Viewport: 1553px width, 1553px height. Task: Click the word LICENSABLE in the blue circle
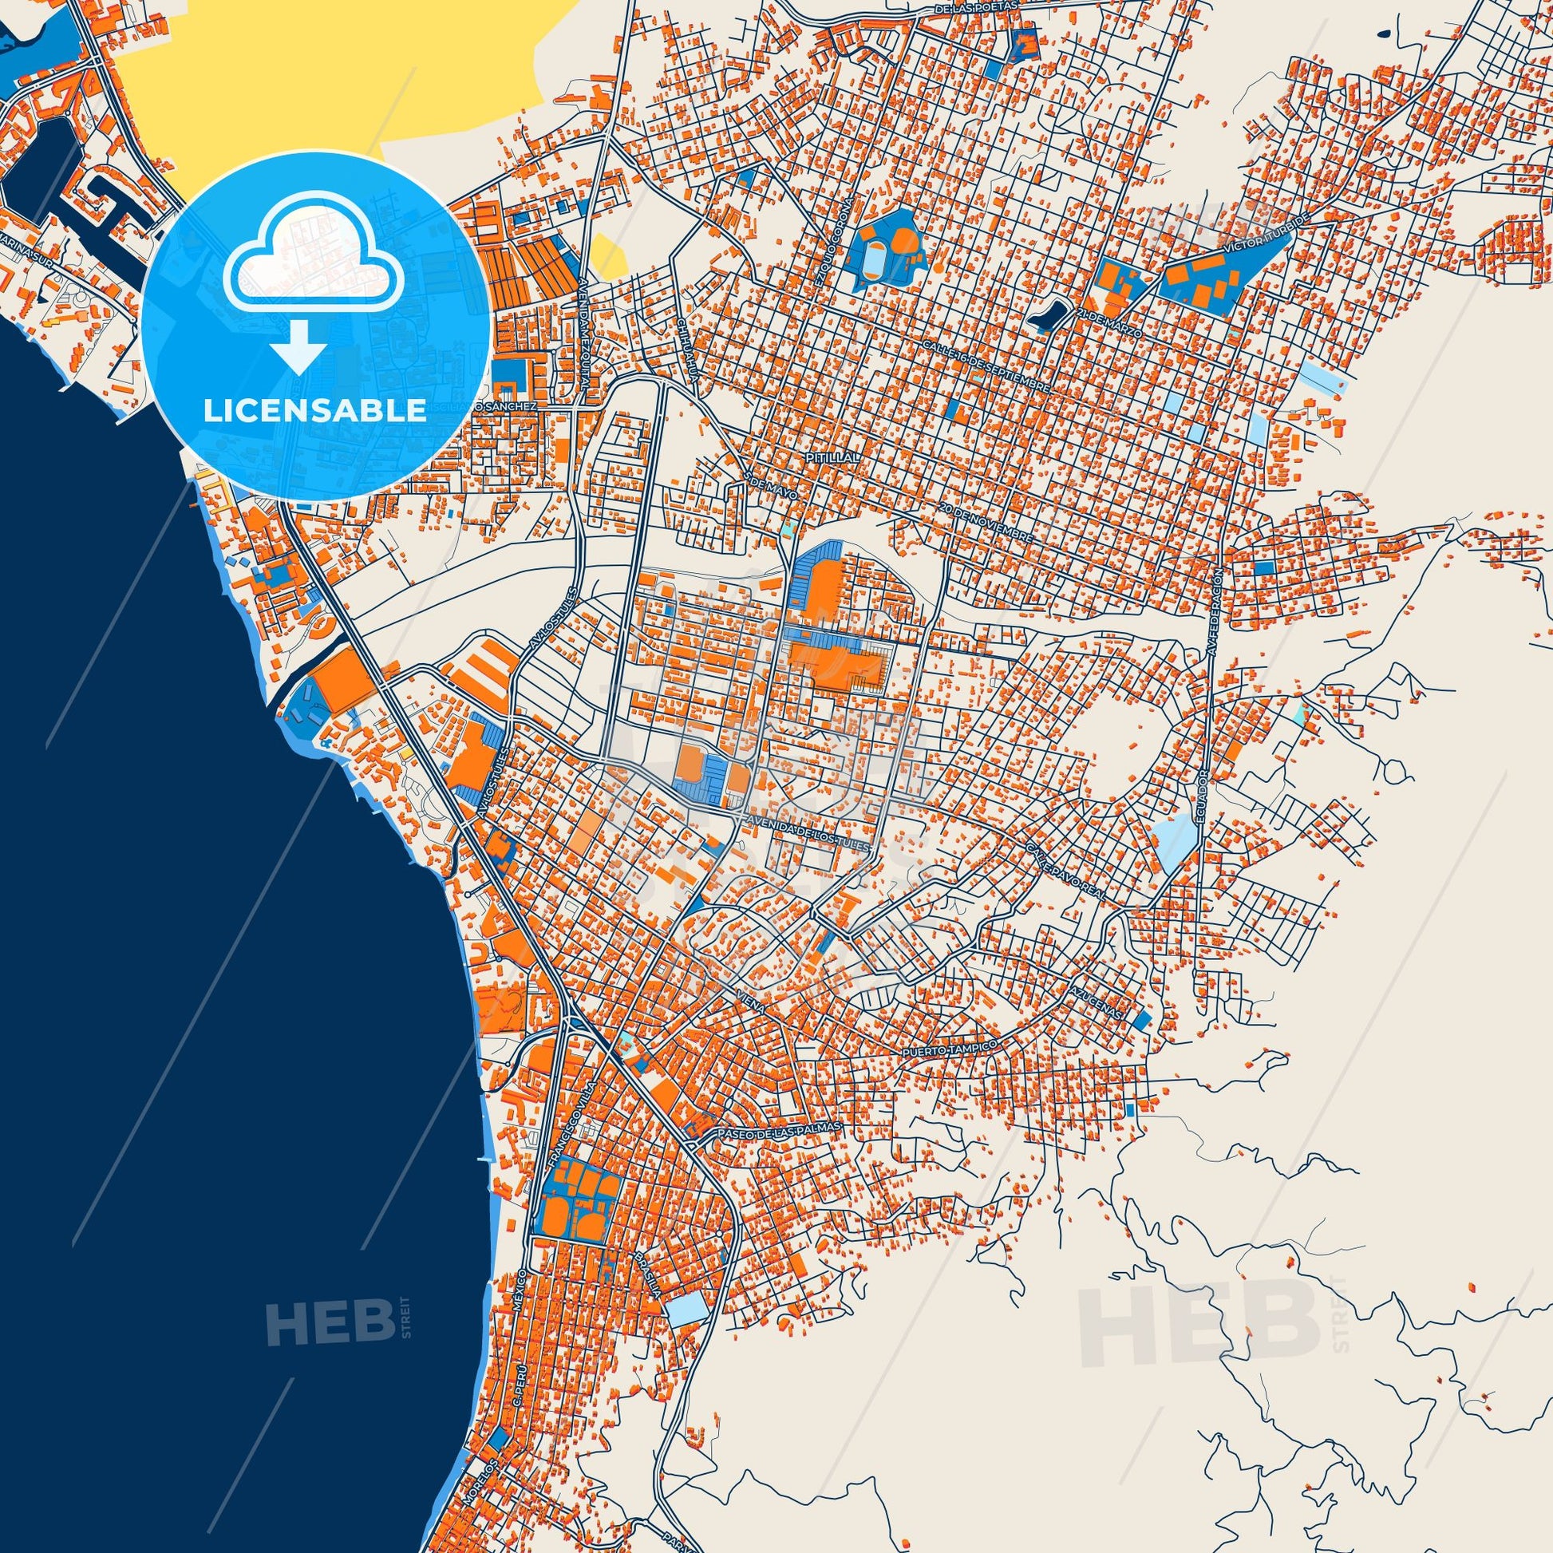[314, 410]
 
